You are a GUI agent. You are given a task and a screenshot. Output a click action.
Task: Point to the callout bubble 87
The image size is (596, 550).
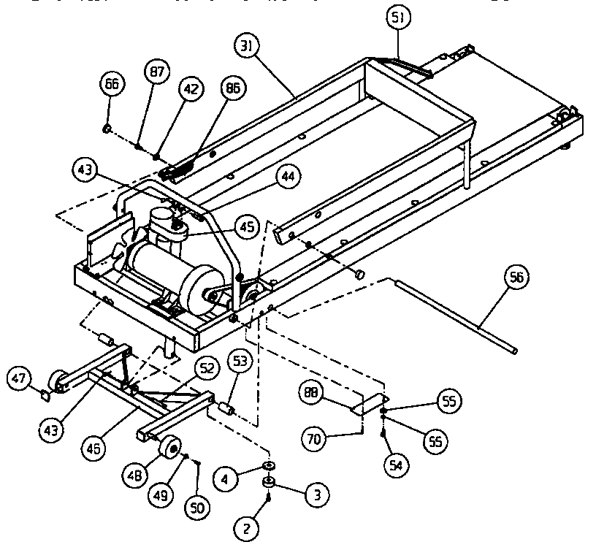click(x=157, y=72)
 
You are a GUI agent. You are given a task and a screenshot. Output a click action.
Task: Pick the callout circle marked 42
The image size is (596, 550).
click(x=190, y=90)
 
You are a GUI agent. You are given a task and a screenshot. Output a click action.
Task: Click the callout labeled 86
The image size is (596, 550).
click(x=233, y=90)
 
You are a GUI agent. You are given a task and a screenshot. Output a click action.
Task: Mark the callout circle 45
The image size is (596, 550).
click(x=247, y=227)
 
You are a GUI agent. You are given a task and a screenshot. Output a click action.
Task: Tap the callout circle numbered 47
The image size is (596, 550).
click(x=20, y=378)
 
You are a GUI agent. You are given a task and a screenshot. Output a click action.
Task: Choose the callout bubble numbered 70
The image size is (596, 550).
click(x=315, y=439)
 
